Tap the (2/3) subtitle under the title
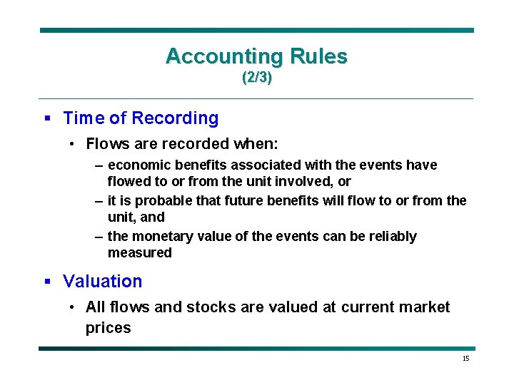pyautogui.click(x=256, y=78)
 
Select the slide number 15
pyautogui.click(x=465, y=359)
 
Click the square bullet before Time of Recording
pyautogui.click(x=47, y=118)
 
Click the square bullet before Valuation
pyautogui.click(x=47, y=282)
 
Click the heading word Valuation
pyautogui.click(x=102, y=282)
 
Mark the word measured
pyautogui.click(x=139, y=253)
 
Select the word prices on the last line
pyautogui.click(x=108, y=328)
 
